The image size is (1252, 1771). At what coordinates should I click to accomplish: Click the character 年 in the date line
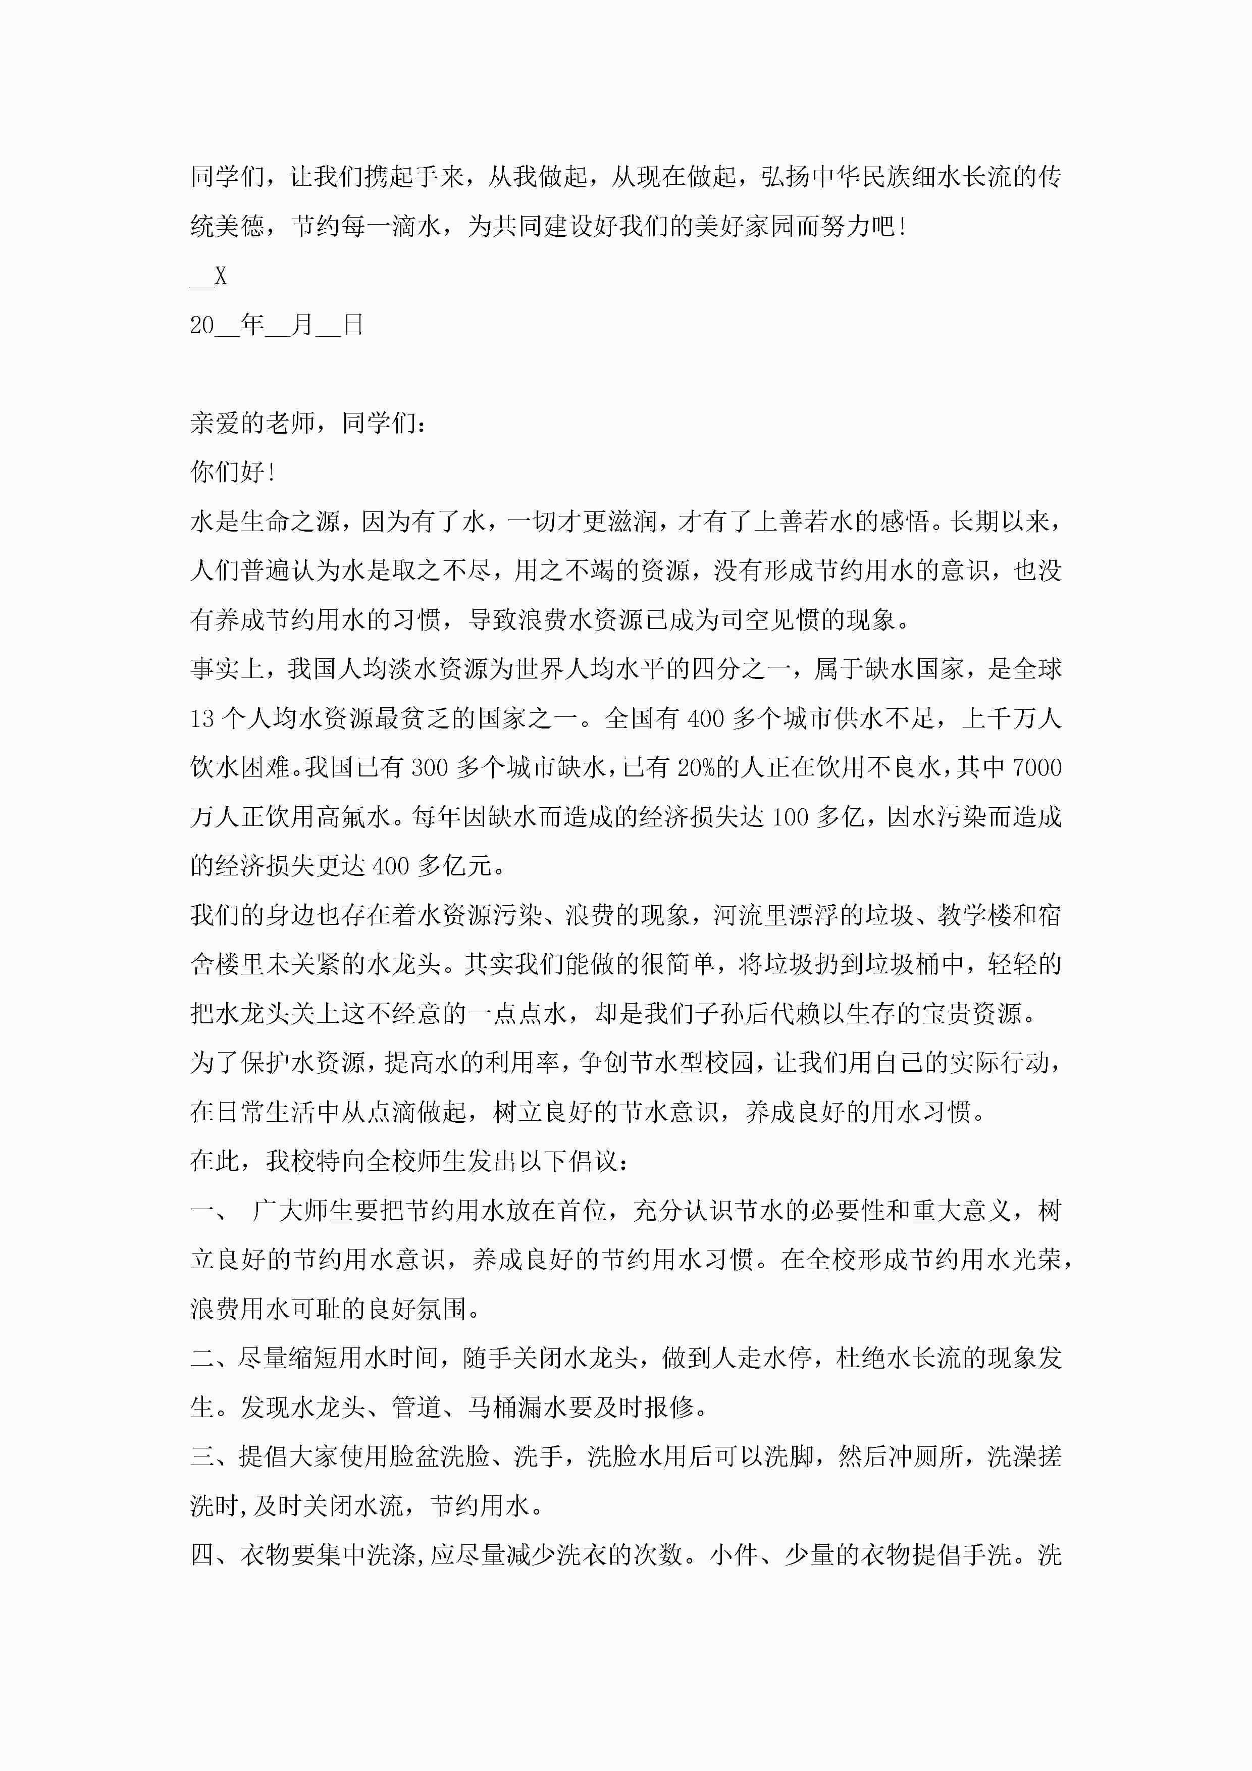tap(252, 325)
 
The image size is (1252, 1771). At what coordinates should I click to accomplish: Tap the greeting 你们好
tap(228, 472)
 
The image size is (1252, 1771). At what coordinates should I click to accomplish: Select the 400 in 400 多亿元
tap(390, 866)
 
